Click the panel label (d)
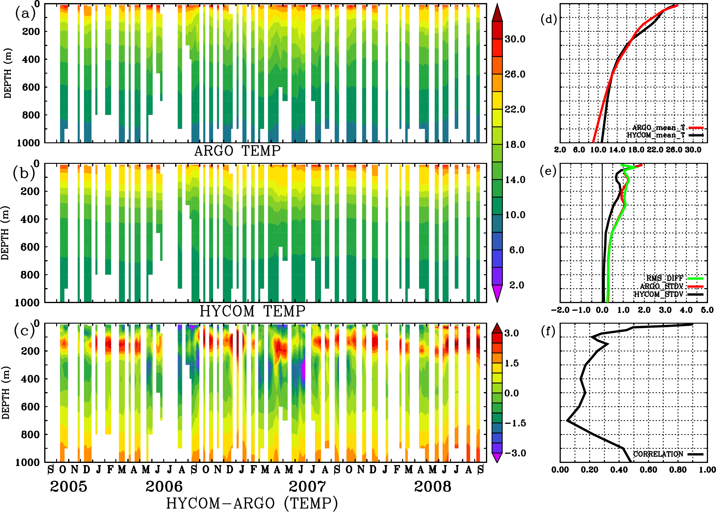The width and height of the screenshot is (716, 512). pos(549,19)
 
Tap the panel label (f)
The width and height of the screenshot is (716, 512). pos(548,331)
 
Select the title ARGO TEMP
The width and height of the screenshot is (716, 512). pos(237,151)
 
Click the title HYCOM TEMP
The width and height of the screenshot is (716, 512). pos(252,311)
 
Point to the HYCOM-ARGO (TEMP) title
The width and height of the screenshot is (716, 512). pos(252,503)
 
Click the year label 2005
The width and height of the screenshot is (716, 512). pos(68,487)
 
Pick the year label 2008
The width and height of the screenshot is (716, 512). pos(432,487)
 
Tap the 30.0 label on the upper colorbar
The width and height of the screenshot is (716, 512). pos(515,39)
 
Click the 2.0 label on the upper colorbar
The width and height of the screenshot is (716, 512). pos(517,285)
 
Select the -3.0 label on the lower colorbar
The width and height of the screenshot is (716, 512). pos(515,453)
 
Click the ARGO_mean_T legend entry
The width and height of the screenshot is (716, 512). pos(659,128)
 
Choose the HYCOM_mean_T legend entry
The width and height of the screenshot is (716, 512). pos(656,135)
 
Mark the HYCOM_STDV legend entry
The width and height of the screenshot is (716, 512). pos(659,294)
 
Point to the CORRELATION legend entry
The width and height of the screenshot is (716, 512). pos(658,454)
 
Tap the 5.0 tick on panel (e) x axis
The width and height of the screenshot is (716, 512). pos(707,310)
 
